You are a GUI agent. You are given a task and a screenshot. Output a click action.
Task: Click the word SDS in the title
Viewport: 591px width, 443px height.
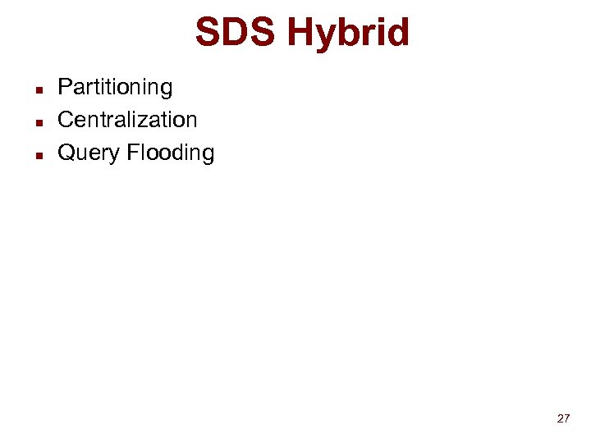tap(235, 34)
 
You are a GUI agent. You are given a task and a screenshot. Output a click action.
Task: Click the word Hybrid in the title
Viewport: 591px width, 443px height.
tap(349, 34)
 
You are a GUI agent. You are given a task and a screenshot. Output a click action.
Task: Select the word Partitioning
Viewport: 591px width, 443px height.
tap(115, 87)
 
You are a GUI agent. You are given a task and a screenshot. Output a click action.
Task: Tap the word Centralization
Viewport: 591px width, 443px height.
tap(127, 120)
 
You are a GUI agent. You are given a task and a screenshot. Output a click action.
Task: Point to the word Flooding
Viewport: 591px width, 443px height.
tap(171, 153)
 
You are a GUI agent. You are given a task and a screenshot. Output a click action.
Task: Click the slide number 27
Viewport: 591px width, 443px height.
tap(563, 418)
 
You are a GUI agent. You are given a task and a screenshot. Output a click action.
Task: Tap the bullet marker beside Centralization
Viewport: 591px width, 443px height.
tap(39, 121)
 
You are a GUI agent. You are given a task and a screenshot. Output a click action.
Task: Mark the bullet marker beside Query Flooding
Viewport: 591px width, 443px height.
tap(39, 154)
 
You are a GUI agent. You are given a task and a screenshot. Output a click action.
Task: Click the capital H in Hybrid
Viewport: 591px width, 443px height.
tap(301, 34)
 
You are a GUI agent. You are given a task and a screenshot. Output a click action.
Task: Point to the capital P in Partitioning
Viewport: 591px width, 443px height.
tap(64, 87)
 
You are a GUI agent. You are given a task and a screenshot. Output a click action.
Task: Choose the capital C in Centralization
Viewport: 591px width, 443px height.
tap(66, 120)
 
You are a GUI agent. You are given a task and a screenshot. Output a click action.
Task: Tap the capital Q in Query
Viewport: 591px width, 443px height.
tap(66, 153)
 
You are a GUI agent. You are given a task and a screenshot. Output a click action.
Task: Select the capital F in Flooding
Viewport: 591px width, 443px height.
tap(133, 153)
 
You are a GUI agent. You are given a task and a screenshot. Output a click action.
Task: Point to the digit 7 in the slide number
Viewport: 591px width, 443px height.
tap(566, 418)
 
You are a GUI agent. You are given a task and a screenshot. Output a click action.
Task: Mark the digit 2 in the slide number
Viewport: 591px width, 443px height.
tap(560, 418)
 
